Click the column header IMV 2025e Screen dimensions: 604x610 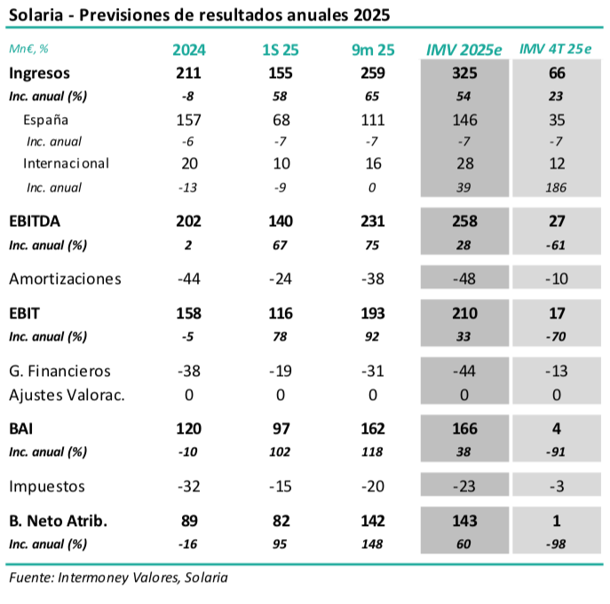pos(464,50)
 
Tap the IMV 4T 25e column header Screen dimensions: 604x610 pos(556,50)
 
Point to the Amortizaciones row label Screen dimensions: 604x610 pos(65,278)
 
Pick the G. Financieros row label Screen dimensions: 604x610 pos(59,371)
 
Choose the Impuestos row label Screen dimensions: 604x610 pos(47,486)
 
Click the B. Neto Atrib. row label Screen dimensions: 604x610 pos(58,521)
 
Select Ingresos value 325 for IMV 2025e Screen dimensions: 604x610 pos(464,73)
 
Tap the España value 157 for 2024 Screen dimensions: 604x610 pos(188,120)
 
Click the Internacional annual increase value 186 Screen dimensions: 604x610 pos(557,187)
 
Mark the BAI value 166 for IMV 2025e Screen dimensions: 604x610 pos(464,428)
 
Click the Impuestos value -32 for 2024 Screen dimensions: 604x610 pos(188,486)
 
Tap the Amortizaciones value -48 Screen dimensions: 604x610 pos(464,278)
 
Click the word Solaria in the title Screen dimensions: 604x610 pos(35,16)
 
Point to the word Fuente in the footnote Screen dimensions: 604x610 pos(29,577)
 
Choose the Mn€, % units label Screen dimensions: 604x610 pos(29,50)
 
